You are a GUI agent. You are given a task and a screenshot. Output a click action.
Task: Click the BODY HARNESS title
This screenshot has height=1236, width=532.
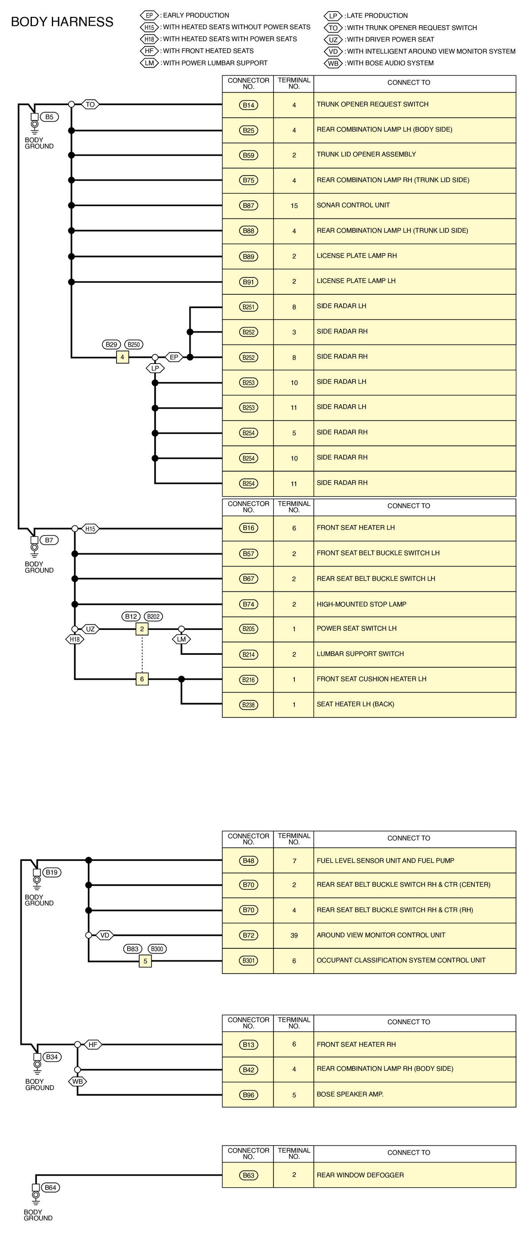point(62,22)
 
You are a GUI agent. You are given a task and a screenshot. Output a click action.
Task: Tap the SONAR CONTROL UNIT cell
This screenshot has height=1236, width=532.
point(353,205)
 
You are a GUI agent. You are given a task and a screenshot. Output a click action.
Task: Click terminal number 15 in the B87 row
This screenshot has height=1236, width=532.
point(294,206)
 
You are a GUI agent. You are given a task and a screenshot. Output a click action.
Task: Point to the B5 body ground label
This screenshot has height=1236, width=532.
point(49,117)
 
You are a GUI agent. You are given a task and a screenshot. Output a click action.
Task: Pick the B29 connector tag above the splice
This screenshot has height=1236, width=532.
point(111,344)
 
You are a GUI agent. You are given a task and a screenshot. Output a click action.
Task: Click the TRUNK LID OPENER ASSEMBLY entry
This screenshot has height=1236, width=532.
point(366,154)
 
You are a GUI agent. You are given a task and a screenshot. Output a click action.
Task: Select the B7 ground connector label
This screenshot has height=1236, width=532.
point(49,540)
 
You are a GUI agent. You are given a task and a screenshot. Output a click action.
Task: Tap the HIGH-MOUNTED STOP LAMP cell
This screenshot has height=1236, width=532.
point(361,604)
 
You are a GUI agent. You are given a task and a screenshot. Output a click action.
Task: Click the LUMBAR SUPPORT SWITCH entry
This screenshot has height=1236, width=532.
point(360,653)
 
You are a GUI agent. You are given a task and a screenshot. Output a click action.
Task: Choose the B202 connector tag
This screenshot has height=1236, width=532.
point(153,616)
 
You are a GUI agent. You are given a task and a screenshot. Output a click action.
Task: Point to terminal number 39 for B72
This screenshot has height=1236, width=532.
point(294,935)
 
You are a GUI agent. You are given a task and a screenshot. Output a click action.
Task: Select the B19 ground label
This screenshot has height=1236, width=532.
point(52,872)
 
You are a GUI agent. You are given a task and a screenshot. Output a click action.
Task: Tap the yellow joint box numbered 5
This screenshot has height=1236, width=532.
point(145,961)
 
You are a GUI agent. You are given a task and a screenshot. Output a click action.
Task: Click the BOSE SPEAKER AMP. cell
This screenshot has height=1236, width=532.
point(350,1094)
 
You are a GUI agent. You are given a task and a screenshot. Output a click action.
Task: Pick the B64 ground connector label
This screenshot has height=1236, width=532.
point(51,1188)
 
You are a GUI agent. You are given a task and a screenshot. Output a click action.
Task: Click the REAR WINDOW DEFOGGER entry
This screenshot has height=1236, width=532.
point(360,1175)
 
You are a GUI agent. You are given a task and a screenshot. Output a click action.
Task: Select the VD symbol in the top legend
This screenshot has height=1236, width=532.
point(333,51)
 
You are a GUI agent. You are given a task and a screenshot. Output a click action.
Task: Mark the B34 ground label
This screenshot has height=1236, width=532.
point(52,1056)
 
